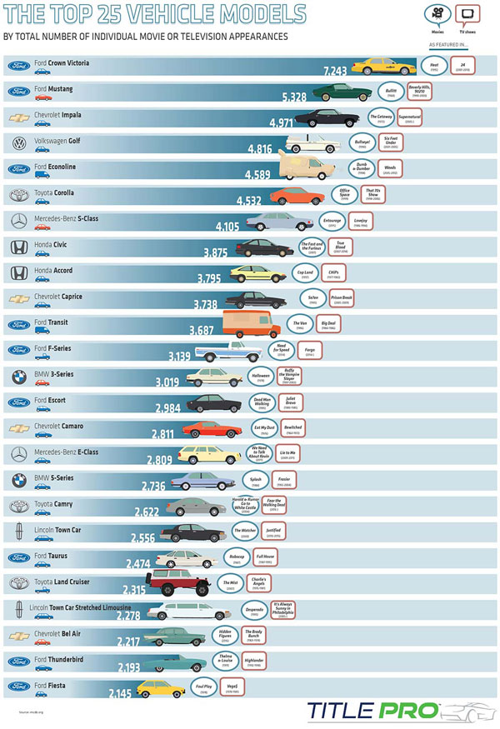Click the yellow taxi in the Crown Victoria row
(384, 66)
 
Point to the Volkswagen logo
(18, 144)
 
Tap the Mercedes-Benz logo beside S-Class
(18, 221)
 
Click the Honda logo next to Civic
(18, 247)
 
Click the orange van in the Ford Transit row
(251, 322)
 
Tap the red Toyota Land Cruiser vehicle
(171, 583)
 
